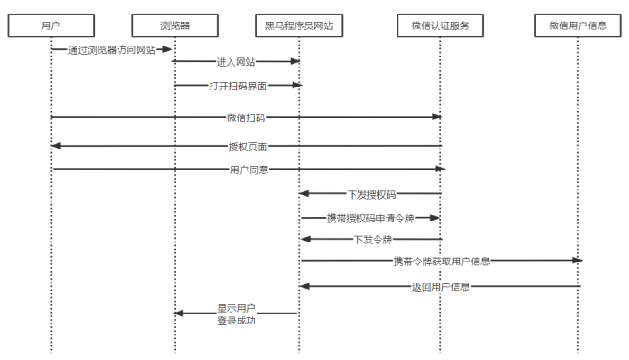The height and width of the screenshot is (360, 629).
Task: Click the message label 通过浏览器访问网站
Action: pos(111,50)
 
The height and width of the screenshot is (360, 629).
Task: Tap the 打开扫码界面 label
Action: pos(237,85)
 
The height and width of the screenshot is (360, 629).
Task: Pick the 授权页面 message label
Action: pos(247,146)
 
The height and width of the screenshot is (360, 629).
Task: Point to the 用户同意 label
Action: pos(248,169)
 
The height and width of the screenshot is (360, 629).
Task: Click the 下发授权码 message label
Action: pos(371,193)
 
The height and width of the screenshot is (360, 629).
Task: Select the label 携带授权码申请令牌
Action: pos(371,218)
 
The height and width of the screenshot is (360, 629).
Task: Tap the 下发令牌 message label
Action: pos(372,239)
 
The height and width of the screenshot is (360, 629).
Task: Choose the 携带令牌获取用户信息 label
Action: pos(441,261)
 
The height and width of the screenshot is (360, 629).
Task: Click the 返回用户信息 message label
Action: pos(441,286)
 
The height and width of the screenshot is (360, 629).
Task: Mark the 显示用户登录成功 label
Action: pos(236,314)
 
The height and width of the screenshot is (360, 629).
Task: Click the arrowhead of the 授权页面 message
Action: pos(57,146)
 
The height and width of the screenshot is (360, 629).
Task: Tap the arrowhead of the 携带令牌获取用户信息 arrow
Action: pos(576,261)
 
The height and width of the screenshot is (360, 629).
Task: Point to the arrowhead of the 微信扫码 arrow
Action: pos(437,117)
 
